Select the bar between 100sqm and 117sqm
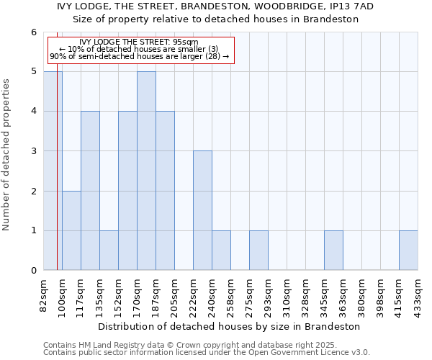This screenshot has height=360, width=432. (x=71, y=230)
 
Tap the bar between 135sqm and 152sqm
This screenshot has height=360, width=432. (x=109, y=251)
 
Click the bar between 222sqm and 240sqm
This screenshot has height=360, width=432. (x=202, y=210)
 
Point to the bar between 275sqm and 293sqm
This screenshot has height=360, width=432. (x=258, y=251)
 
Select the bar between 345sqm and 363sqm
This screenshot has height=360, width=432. (x=333, y=251)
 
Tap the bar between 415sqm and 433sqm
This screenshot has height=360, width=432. (x=408, y=251)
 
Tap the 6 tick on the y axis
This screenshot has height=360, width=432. (x=33, y=32)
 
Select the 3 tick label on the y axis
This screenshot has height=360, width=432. (x=33, y=151)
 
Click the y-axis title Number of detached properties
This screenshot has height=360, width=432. (x=7, y=151)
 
